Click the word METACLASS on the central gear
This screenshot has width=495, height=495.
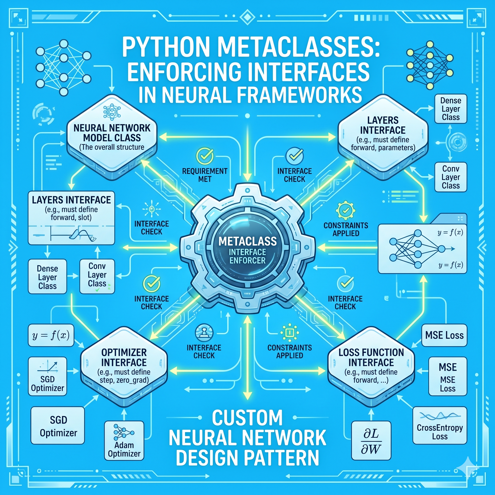[x=247, y=241]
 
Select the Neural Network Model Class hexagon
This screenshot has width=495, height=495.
[x=112, y=136]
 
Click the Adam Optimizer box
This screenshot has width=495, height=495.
[x=124, y=440]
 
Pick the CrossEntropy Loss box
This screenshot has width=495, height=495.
[x=440, y=425]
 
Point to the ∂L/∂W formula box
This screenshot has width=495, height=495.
[x=371, y=441]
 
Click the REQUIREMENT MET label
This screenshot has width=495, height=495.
[x=204, y=175]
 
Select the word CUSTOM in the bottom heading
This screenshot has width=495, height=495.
[x=247, y=418]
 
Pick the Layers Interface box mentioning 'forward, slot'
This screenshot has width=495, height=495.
[x=71, y=218]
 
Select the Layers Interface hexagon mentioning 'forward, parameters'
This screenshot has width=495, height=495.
[x=383, y=136]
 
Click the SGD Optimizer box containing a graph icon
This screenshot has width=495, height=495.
[x=47, y=376]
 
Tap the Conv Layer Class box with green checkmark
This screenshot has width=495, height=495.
[x=97, y=276]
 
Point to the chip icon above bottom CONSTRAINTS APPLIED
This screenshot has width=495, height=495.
[x=290, y=333]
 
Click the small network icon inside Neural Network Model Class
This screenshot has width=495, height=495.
[x=112, y=112]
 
